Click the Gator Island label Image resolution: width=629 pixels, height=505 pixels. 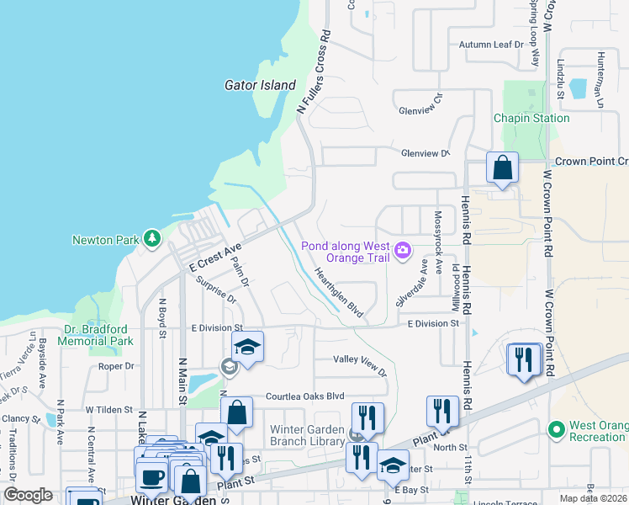coord(260,85)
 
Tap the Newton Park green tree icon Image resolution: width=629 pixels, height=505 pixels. coord(151,240)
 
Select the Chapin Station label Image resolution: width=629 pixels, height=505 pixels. coord(531,118)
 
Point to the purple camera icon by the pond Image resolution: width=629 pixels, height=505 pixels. coord(404,250)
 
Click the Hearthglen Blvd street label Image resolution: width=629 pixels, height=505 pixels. coord(338,292)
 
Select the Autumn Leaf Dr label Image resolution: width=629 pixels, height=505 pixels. coord(491,45)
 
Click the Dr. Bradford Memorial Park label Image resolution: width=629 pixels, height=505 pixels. coord(98,336)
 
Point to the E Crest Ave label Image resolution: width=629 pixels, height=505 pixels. coord(215,256)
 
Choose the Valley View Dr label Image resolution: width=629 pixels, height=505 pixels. coord(360,365)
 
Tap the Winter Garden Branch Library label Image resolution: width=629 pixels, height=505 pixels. coord(308,434)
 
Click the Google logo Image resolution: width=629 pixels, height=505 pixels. coord(28,494)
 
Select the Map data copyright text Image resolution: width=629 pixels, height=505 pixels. coord(594,498)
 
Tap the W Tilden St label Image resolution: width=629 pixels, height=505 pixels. coord(109,410)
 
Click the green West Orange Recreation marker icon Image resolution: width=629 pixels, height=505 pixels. coord(555,430)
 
